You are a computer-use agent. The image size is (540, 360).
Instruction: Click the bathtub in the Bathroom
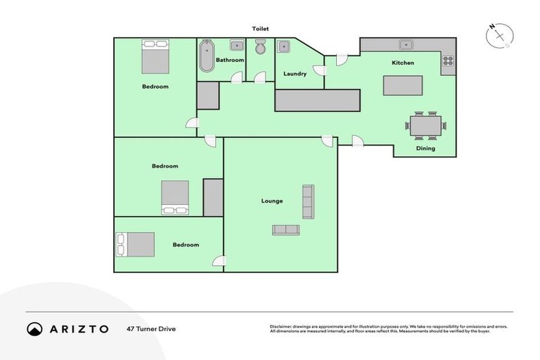point(207,57)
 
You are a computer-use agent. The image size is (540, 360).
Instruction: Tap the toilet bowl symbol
point(260,48)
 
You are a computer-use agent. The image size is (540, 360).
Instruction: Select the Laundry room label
point(295,73)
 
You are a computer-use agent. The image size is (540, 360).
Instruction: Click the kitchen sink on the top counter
point(406,45)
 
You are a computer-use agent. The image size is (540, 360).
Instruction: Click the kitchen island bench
point(403,85)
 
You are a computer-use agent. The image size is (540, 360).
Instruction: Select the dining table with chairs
point(425,126)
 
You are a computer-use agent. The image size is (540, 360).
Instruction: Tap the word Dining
point(425,148)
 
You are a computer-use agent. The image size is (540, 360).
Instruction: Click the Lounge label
point(272,200)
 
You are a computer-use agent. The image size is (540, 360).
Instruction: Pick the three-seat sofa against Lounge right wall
point(308,201)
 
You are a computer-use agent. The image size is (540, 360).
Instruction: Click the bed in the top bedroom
point(155,57)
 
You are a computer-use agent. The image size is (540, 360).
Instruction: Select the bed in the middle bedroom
point(175,197)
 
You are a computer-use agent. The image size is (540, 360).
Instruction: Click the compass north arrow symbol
point(499,35)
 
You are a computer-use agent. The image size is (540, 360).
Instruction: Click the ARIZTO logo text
point(78,328)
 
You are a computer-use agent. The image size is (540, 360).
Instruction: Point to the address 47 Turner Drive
point(152,328)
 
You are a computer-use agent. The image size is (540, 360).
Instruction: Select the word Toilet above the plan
point(261,29)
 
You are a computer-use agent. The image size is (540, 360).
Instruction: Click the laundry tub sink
point(285,47)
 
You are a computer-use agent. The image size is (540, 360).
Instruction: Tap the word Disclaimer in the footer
point(281,326)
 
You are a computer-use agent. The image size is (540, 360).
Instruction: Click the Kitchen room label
point(403,63)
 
